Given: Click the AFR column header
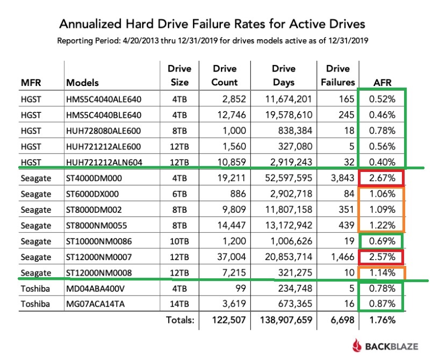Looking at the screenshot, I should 382,83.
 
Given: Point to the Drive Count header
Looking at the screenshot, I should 225,75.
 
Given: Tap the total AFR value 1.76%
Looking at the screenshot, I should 383,320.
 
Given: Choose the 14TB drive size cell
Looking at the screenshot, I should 179,304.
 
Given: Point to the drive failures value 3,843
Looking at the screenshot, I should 342,178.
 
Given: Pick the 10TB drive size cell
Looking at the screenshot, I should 179,241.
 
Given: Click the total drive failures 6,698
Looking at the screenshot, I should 341,320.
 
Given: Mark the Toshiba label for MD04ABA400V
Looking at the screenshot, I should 35,289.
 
